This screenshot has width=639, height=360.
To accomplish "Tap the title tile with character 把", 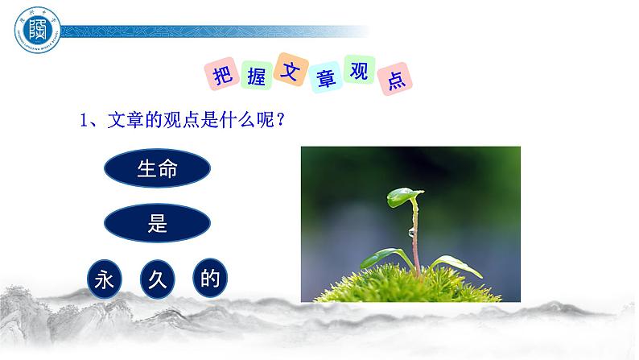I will pos(220,75).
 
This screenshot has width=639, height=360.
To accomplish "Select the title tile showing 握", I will pos(250,79).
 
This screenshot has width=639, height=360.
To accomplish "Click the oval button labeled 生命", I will pos(158,169).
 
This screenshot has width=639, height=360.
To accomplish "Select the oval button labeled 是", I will pos(158,224).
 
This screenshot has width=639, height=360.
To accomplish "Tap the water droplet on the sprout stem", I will pos(411,232).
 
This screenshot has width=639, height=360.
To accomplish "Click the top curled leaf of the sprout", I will pos(403,196).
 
